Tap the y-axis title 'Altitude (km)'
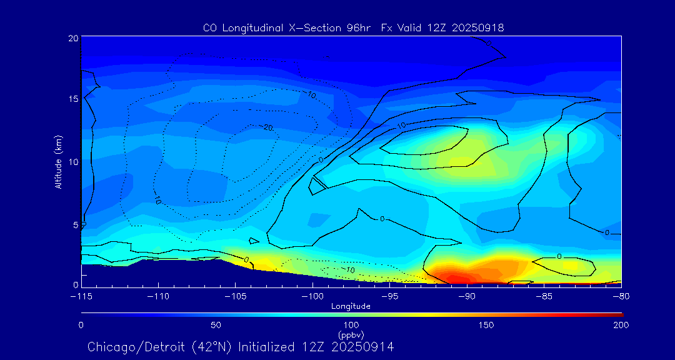point(58,161)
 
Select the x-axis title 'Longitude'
point(351,306)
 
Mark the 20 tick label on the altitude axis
point(73,38)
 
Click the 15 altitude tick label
point(73,99)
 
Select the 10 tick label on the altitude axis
point(73,162)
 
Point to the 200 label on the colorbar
point(621,325)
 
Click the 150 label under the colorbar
point(486,325)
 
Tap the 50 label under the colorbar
point(216,325)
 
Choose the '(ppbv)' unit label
point(351,334)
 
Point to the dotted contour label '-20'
point(267,127)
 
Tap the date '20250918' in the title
point(477,28)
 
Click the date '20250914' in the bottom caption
point(364,346)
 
